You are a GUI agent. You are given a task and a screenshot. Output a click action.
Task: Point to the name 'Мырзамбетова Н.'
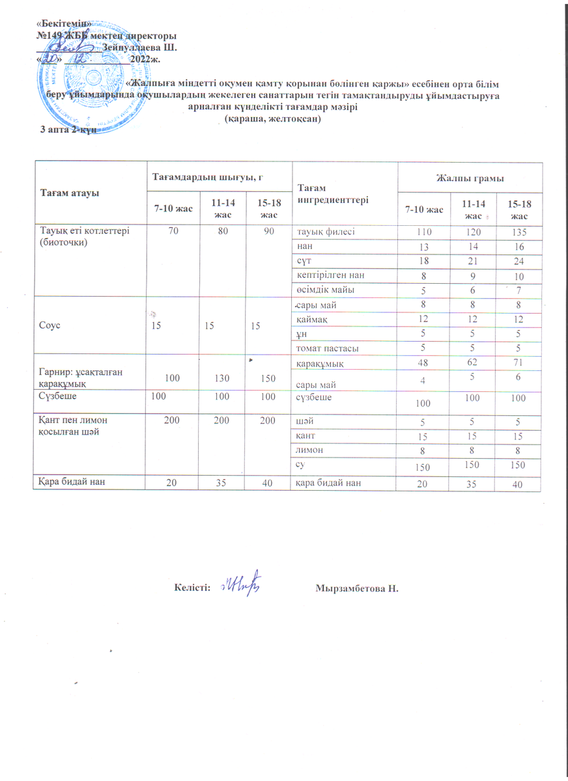click(356, 588)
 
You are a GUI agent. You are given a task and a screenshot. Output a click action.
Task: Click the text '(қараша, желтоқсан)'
click(272, 119)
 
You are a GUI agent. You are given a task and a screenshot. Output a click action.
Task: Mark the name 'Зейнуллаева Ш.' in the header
click(140, 48)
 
